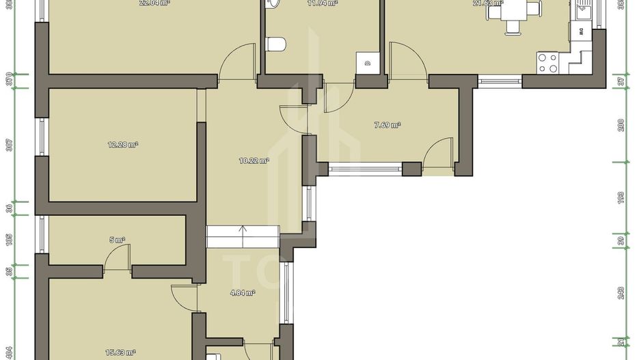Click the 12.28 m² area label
tap(123, 144)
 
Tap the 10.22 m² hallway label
tap(254, 161)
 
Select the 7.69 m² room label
tap(387, 125)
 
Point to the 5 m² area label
tap(118, 240)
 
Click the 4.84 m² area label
tap(243, 292)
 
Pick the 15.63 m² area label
tap(120, 352)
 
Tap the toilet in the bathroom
tap(276, 45)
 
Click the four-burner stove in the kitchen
tap(547, 63)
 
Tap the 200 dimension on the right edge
tap(621, 124)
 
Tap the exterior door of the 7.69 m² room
tap(438, 153)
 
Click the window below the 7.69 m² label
tap(365, 166)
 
